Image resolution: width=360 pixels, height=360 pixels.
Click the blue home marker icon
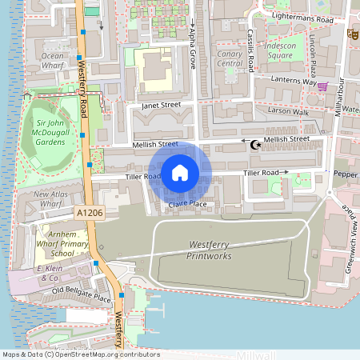pyautogui.click(x=180, y=173)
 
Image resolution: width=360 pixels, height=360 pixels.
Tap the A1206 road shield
pyautogui.click(x=90, y=212)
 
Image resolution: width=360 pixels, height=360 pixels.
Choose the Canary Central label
pyautogui.click(x=229, y=58)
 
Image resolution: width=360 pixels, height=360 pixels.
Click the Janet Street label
pyautogui.click(x=161, y=105)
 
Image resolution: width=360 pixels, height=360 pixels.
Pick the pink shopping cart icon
pyautogui.click(x=322, y=86)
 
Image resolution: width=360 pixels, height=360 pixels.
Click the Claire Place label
pyautogui.click(x=187, y=206)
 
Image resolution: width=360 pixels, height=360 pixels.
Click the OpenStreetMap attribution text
pyautogui.click(x=80, y=354)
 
